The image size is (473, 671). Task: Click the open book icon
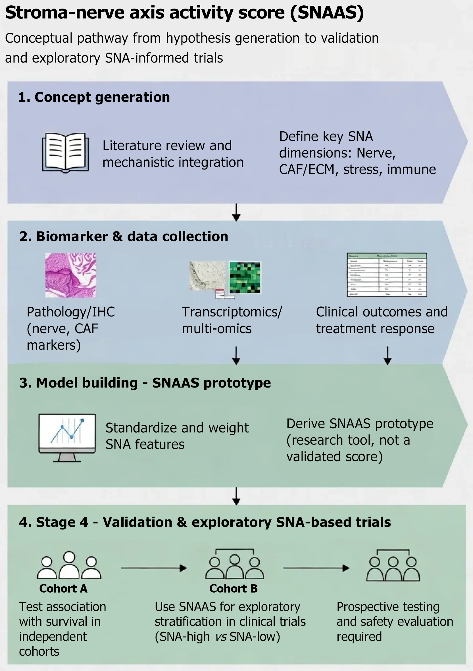point(65,153)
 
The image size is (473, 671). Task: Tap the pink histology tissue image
point(71,275)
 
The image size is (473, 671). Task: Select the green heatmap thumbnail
point(245,277)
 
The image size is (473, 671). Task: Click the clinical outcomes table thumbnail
point(387,275)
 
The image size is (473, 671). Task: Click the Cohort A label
point(63,589)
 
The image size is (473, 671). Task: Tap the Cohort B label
point(233,589)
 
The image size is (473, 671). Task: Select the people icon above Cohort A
point(69,566)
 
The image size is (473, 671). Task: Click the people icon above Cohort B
point(234,564)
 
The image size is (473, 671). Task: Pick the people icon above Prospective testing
point(393,566)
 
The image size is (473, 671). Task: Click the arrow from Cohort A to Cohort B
point(154,568)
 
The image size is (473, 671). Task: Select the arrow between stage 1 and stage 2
point(236,212)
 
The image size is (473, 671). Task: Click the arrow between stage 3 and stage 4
point(236,496)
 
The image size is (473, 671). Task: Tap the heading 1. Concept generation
point(94,97)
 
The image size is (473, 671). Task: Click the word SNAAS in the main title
point(327,13)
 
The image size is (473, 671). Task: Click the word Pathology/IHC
point(71,312)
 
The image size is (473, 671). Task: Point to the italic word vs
point(221,637)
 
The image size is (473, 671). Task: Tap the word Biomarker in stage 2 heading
point(72,237)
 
